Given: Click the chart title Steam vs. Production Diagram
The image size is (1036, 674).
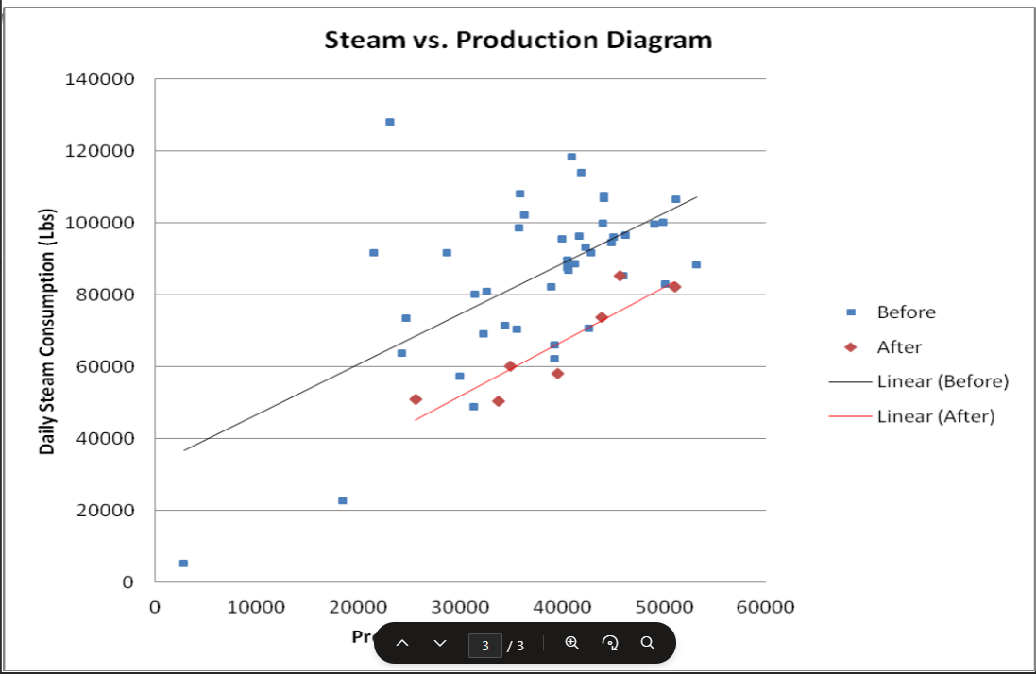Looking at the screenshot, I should tap(518, 41).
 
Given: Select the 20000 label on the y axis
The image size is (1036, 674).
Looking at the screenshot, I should tap(107, 511).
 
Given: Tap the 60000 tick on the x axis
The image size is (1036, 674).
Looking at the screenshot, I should tap(765, 607).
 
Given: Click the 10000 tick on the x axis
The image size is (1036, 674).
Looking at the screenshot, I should tap(256, 607).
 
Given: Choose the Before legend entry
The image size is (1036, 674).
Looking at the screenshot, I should tap(905, 312).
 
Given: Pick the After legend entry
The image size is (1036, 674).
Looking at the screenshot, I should tap(898, 347).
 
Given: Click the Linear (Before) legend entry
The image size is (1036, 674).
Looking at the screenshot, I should tap(942, 381).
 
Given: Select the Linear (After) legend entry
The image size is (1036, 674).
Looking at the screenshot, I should tap(935, 416).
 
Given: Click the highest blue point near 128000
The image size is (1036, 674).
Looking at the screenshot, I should tap(389, 122).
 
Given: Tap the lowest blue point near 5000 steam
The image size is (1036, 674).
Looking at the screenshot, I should tap(183, 563).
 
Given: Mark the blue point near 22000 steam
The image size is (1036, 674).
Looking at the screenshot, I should tap(342, 500).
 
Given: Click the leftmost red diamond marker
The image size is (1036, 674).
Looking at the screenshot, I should tap(416, 399).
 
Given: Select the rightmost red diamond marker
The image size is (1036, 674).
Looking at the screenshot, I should tap(674, 286).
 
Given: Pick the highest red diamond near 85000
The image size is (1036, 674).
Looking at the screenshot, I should tap(620, 276).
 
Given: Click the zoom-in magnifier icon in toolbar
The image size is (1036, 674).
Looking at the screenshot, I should tap(571, 643).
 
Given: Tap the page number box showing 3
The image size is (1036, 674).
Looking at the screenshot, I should tap(485, 645).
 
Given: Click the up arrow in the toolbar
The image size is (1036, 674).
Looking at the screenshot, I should tap(402, 643).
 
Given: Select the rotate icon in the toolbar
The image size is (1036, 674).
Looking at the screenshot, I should tap(610, 643).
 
